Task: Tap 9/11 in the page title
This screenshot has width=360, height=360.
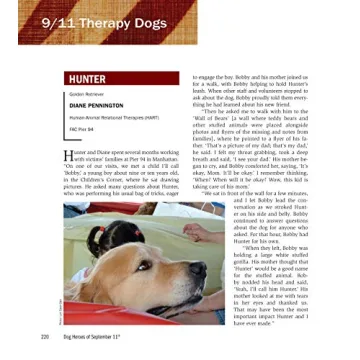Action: (56, 20)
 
